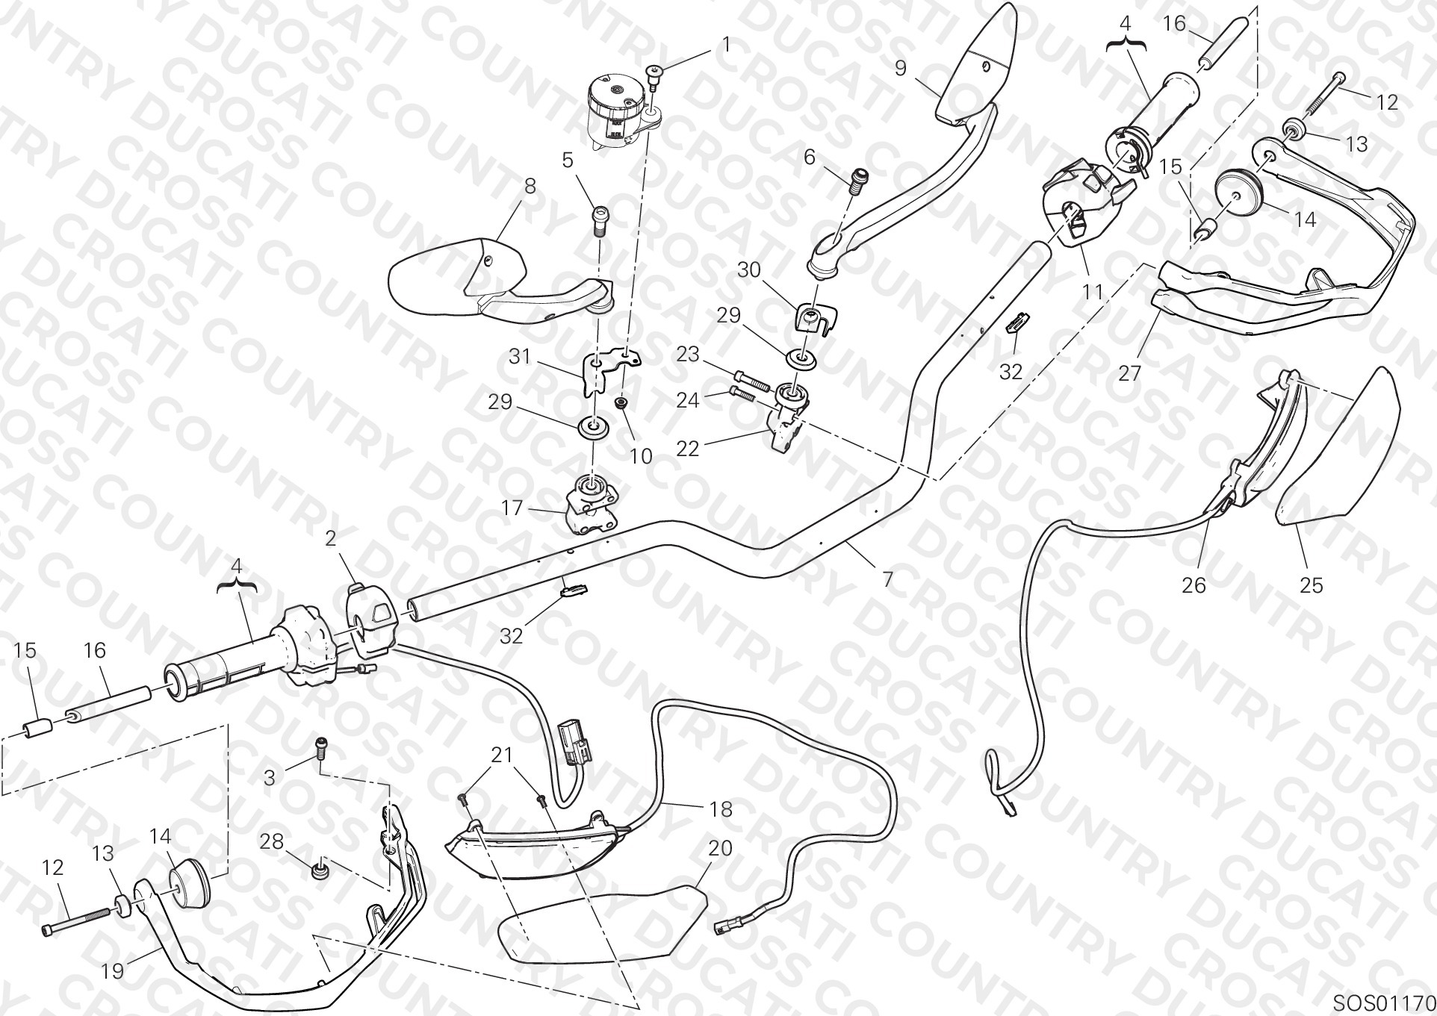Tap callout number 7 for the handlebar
point(887,579)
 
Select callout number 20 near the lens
point(720,849)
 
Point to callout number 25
point(1311,585)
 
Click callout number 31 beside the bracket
point(519,357)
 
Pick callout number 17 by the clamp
point(512,509)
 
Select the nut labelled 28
point(321,869)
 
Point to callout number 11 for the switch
point(1093,291)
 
